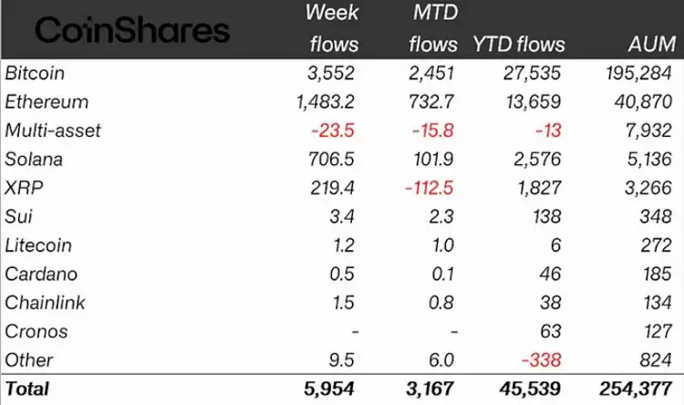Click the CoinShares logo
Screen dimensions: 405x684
[131, 31]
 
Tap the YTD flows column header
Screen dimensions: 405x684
[519, 44]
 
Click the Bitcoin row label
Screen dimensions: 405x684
[35, 72]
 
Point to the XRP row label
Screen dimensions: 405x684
[22, 188]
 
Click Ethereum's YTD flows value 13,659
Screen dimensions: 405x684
[536, 101]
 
